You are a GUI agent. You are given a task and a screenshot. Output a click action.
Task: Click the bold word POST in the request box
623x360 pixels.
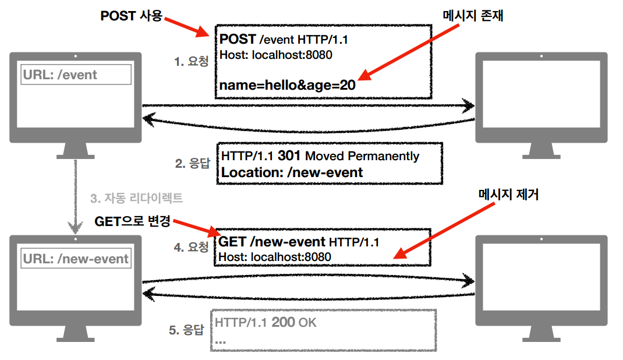point(238,39)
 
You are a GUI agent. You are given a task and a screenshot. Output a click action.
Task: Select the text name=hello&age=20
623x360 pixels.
point(287,85)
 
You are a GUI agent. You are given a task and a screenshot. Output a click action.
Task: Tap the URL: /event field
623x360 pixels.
point(76,75)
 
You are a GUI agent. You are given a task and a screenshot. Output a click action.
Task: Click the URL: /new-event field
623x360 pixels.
point(76,259)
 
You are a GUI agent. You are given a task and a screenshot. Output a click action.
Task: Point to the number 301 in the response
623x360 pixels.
point(289,156)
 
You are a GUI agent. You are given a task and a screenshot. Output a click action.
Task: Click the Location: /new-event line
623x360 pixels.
point(292,172)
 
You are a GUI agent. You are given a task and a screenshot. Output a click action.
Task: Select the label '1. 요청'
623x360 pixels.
point(191,61)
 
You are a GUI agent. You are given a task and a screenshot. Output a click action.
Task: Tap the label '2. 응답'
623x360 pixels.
point(193,164)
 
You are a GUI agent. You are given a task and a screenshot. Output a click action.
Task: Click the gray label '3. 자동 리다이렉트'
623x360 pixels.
point(136,198)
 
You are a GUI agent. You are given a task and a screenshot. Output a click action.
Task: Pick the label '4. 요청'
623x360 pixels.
point(191,247)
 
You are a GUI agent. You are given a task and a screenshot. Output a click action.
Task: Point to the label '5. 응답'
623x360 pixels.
point(186,330)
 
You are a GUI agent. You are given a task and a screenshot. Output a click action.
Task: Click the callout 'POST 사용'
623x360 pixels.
point(131,16)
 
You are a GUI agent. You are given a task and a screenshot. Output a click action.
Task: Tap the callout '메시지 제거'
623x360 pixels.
point(508,194)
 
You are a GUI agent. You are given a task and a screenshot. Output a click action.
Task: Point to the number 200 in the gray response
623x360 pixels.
point(284,322)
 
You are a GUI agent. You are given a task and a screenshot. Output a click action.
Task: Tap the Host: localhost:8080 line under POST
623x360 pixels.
point(275,55)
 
